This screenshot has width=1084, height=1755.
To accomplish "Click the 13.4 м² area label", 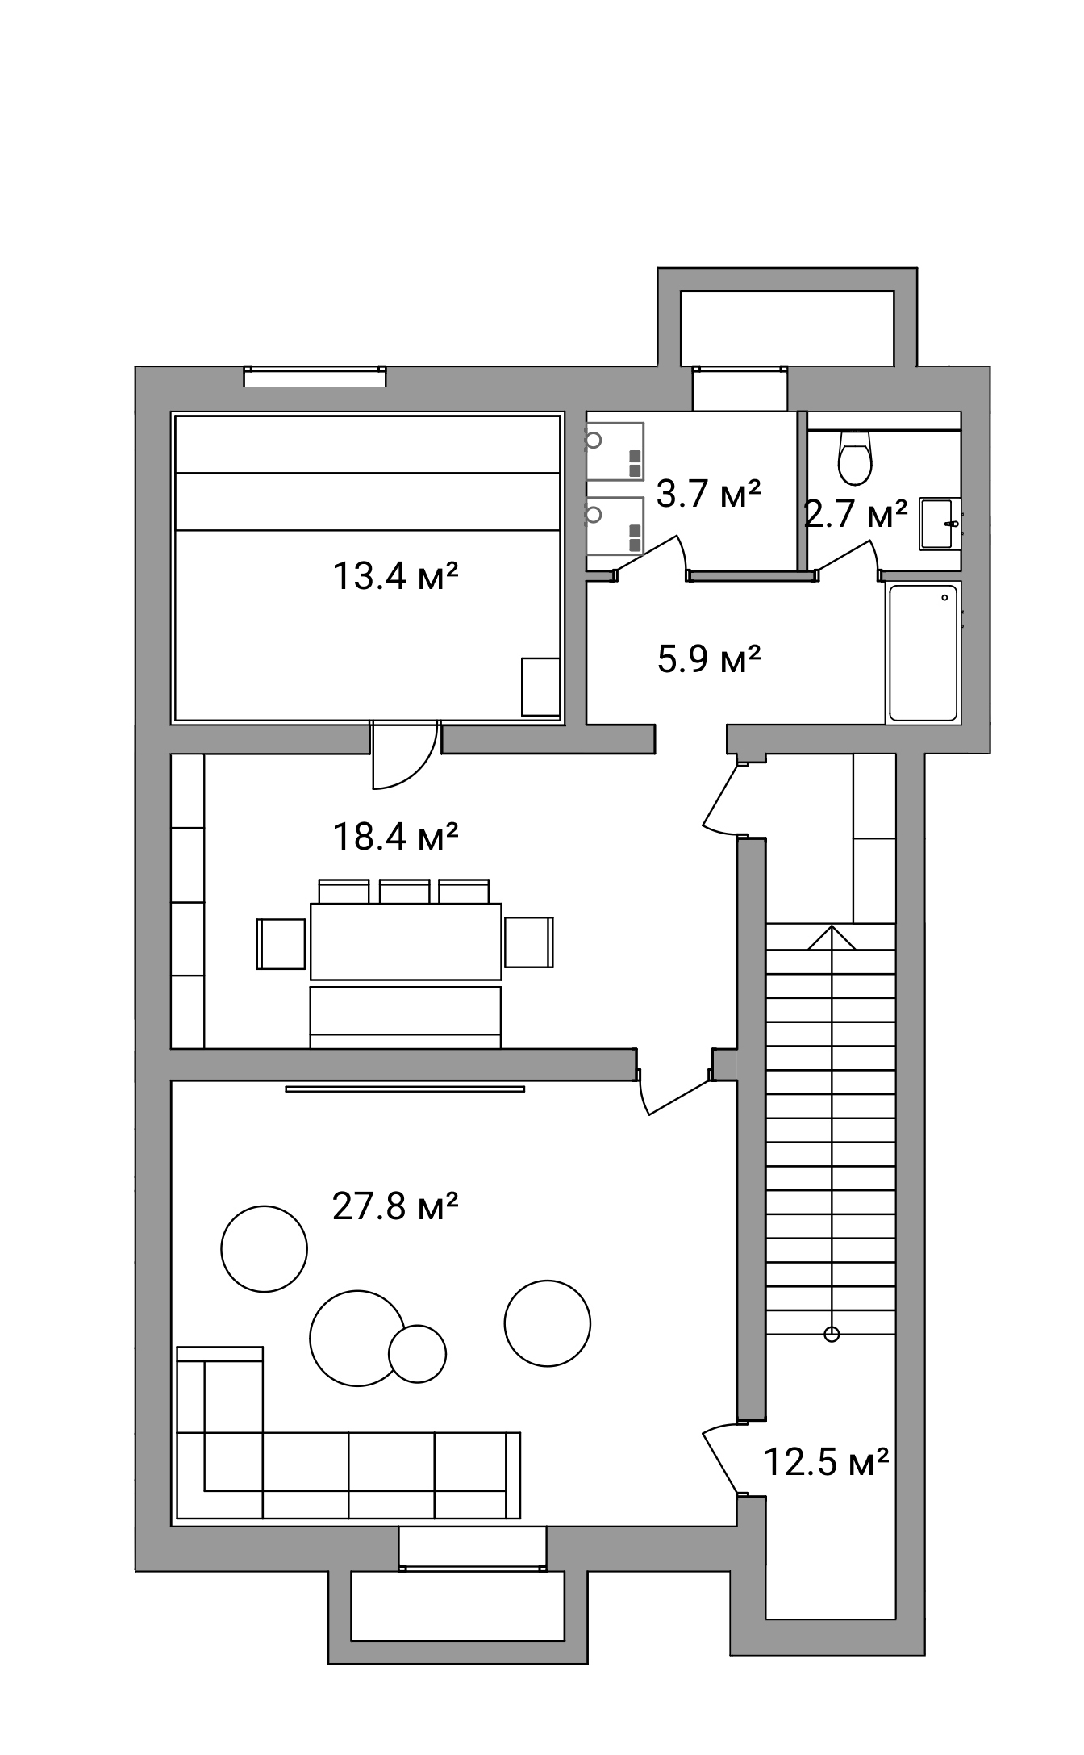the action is tap(395, 577).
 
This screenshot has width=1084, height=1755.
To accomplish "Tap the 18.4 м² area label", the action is tap(395, 837).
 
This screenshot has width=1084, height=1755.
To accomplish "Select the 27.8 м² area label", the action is tap(395, 1208).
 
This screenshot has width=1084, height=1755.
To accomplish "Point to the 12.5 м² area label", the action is tap(826, 1461).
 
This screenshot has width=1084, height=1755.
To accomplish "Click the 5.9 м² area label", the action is tap(710, 659).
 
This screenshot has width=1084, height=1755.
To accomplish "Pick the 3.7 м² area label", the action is tap(709, 493).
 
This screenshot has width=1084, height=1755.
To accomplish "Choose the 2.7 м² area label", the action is tap(856, 513).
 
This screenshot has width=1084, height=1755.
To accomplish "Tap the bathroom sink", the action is tap(940, 524).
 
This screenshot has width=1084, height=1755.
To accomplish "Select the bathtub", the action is tap(923, 652).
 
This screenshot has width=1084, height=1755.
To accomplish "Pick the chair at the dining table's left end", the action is tap(281, 942).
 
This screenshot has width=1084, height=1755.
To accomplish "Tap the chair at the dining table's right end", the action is tap(529, 942).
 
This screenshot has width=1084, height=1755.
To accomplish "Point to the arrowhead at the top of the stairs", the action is tap(832, 937).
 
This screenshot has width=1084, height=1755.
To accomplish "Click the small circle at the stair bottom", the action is tap(832, 1335).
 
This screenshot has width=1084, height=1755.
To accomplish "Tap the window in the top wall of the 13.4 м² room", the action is tap(315, 377).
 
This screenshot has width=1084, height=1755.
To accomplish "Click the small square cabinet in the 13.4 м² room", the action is tap(540, 687).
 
